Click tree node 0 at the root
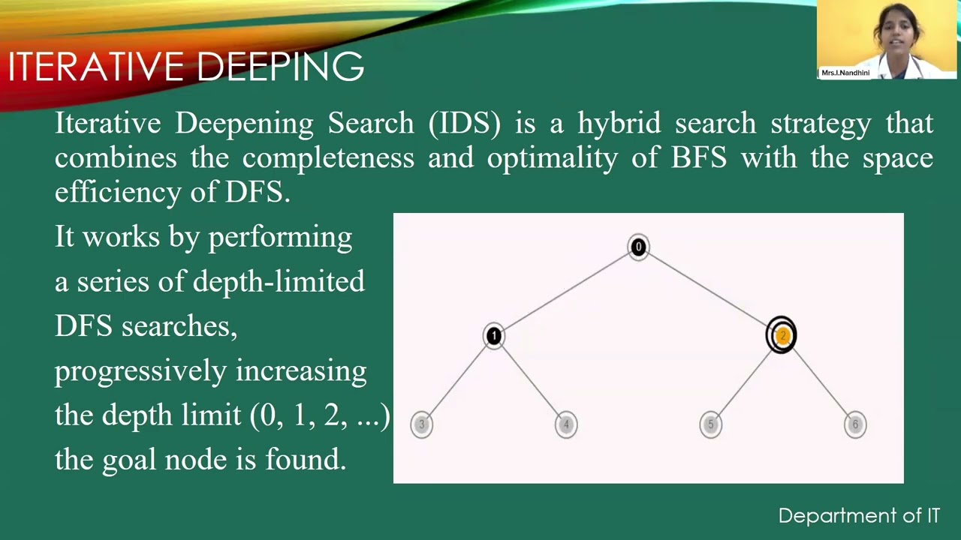pos(638,247)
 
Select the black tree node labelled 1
pos(493,336)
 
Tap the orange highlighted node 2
pos(782,335)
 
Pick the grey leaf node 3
pos(422,424)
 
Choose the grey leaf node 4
pos(566,424)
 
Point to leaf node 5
pos(710,424)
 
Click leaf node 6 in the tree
pos(854,424)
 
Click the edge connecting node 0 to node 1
pos(566,291)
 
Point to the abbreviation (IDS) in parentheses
pos(464,123)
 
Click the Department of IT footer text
pos(858,516)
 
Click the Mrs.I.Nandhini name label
pos(845,73)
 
